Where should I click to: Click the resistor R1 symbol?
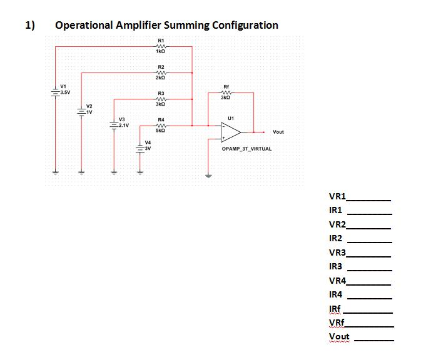tap(161, 46)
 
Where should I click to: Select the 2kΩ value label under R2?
tap(161, 78)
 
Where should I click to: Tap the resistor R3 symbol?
tap(161, 99)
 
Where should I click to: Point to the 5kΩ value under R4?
tap(161, 131)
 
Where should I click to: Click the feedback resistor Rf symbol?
tap(226, 92)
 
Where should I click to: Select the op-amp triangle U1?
tap(231, 132)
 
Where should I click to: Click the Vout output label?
tap(278, 132)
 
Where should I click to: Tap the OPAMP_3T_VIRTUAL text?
tap(246, 149)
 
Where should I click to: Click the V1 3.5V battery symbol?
tap(55, 91)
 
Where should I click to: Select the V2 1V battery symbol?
tap(80, 112)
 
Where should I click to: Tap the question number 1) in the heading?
tap(30, 26)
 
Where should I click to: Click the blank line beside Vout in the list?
tap(374, 338)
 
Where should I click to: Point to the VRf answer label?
tap(337, 322)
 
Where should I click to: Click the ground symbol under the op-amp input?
tap(208, 175)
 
